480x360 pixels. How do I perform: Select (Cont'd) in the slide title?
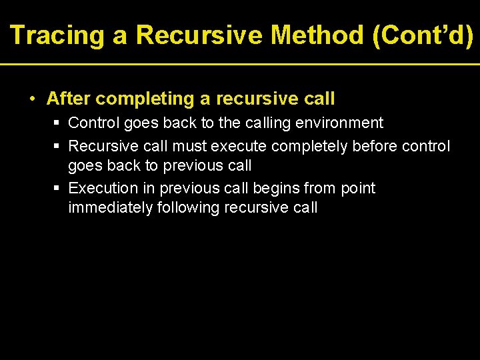pos(424,35)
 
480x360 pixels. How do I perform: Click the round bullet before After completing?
pos(32,99)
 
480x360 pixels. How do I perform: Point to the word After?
pos(67,99)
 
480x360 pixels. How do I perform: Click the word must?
pos(190,146)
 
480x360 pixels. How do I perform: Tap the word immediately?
pos(110,208)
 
